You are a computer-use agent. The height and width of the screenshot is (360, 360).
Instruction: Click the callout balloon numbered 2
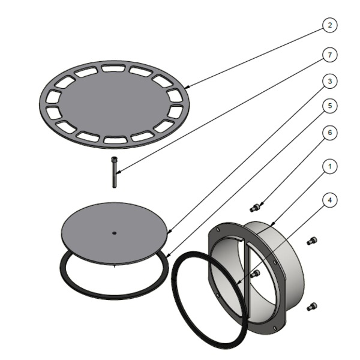[x=330, y=25]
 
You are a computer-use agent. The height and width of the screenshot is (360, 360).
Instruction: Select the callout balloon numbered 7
[x=330, y=55]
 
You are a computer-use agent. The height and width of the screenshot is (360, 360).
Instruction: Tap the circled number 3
[x=330, y=81]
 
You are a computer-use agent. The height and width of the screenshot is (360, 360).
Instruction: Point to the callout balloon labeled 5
[x=330, y=106]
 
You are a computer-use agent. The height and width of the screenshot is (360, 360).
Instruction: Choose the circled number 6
[x=330, y=133]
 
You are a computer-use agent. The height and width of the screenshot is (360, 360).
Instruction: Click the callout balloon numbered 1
[x=330, y=166]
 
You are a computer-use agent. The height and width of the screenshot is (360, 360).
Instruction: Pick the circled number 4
[x=330, y=200]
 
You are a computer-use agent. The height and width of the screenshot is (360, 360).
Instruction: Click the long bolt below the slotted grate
[x=115, y=172]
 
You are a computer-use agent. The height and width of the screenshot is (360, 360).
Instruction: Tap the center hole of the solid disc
[x=115, y=233]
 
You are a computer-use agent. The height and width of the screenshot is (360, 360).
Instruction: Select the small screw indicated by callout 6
[x=254, y=208]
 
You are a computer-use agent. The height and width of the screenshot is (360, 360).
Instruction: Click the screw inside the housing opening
[x=256, y=274]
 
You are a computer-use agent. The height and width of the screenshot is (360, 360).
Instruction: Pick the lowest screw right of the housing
[x=312, y=307]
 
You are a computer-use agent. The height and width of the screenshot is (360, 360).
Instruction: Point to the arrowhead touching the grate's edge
[x=187, y=87]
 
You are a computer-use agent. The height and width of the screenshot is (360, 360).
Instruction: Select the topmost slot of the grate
[x=113, y=68]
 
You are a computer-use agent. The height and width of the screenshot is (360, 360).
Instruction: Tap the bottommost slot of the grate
[x=115, y=140]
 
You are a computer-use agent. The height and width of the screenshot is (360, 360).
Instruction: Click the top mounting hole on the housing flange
[x=217, y=230]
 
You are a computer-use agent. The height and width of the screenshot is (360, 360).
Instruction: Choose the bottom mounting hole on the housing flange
[x=275, y=328]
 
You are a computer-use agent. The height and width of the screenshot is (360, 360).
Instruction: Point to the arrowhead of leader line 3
[x=169, y=232]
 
